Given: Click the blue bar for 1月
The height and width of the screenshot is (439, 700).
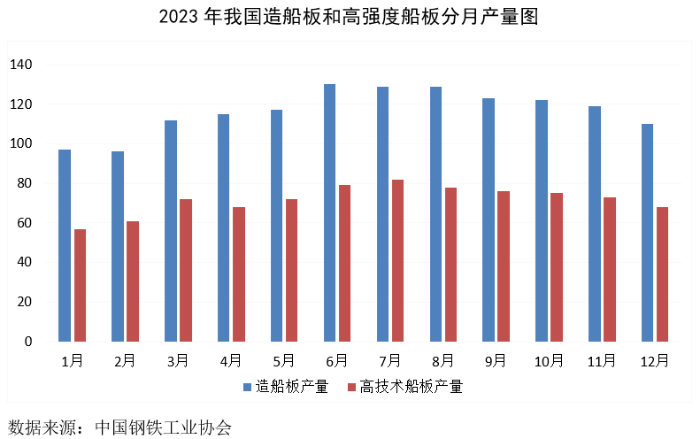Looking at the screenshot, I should pyautogui.click(x=65, y=245).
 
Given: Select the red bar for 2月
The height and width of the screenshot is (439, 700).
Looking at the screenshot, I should pyautogui.click(x=133, y=281).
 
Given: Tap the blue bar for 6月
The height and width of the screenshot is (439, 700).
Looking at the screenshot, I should pyautogui.click(x=329, y=212).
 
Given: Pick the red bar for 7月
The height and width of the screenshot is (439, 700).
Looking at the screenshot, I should pyautogui.click(x=398, y=260).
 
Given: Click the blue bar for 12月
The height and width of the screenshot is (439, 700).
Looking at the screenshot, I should pyautogui.click(x=647, y=233).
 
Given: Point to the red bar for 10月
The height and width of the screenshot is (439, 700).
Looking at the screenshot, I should pyautogui.click(x=557, y=267).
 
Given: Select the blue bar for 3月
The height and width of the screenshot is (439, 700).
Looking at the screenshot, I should pyautogui.click(x=171, y=231).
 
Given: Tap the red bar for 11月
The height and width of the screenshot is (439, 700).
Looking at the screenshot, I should pyautogui.click(x=610, y=269).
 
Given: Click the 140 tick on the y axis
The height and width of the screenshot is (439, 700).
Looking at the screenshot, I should pyautogui.click(x=21, y=65).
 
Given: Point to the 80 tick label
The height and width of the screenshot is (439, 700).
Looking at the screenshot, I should pyautogui.click(x=25, y=184).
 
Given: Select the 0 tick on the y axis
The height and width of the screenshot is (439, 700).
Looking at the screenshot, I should pyautogui.click(x=28, y=342).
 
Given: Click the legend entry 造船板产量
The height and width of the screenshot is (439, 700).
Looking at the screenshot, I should pyautogui.click(x=292, y=387).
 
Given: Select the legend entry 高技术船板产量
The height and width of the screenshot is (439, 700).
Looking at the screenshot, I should pyautogui.click(x=412, y=387).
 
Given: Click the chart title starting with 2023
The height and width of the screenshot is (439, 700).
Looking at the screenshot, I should pyautogui.click(x=350, y=17).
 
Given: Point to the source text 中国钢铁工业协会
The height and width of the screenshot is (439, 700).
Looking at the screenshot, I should pyautogui.click(x=167, y=427).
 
